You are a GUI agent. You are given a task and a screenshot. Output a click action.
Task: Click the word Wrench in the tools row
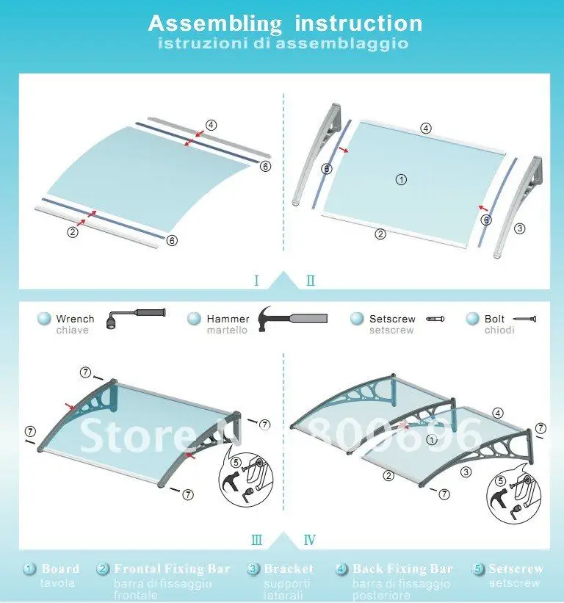pyautogui.click(x=75, y=319)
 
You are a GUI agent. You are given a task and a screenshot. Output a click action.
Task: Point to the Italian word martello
pyautogui.click(x=227, y=331)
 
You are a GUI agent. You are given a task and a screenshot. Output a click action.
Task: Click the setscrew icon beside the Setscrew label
pyautogui.click(x=438, y=318)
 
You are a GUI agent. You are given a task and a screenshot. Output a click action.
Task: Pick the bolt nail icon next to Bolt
pyautogui.click(x=526, y=319)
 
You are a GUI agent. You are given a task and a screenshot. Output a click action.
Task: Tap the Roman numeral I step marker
pyautogui.click(x=256, y=281)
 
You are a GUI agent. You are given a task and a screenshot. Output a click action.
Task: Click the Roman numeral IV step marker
pyautogui.click(x=310, y=540)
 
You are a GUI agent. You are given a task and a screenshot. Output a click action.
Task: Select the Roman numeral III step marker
pyautogui.click(x=256, y=540)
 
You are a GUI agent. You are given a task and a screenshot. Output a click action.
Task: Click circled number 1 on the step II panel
pyautogui.click(x=400, y=178)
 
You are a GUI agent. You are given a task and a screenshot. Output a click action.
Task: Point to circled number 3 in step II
pyautogui.click(x=520, y=228)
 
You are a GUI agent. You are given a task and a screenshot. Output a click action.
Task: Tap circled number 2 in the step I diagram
pyautogui.click(x=72, y=232)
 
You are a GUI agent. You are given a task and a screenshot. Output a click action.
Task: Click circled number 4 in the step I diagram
pyautogui.click(x=211, y=125)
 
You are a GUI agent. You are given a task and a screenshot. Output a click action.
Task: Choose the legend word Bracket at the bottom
pyautogui.click(x=289, y=568)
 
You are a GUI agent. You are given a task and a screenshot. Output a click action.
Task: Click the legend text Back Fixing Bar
pyautogui.click(x=402, y=568)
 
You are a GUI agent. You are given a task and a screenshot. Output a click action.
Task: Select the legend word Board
pyautogui.click(x=60, y=568)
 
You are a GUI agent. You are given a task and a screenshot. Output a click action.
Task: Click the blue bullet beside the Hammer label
pyautogui.click(x=194, y=319)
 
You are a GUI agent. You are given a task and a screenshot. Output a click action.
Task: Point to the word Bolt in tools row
pyautogui.click(x=494, y=319)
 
